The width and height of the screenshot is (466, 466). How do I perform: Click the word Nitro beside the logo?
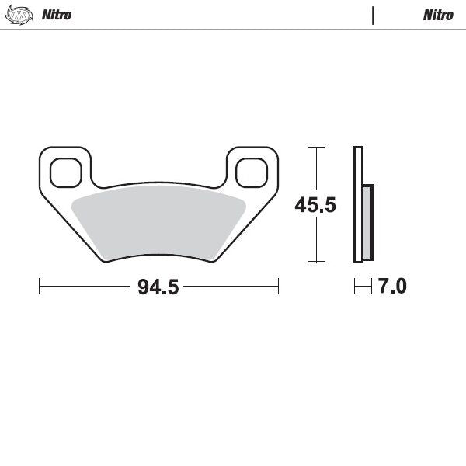coord(56,15)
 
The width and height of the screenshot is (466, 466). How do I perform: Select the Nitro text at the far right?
coord(438,15)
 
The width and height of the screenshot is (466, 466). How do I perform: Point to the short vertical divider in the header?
coord(373,15)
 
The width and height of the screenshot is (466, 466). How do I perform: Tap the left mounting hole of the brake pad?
coord(65,172)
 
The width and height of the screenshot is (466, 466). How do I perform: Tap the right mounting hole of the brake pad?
coord(252,172)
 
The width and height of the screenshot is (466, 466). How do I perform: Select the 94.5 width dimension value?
coord(158,287)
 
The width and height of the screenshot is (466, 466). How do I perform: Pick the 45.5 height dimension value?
coord(315,205)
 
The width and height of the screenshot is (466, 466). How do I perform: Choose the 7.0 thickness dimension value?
coord(391,287)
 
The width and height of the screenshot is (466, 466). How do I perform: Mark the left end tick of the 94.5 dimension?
coord(40,287)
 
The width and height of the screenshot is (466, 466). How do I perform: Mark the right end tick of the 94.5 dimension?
coord(278,287)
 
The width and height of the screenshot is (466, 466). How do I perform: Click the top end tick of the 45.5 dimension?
coord(315,147)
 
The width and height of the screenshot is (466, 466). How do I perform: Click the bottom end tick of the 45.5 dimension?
coord(315,262)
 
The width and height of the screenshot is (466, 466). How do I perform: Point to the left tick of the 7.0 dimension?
coord(355,287)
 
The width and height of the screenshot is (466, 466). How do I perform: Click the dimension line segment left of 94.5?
coord(85,287)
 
